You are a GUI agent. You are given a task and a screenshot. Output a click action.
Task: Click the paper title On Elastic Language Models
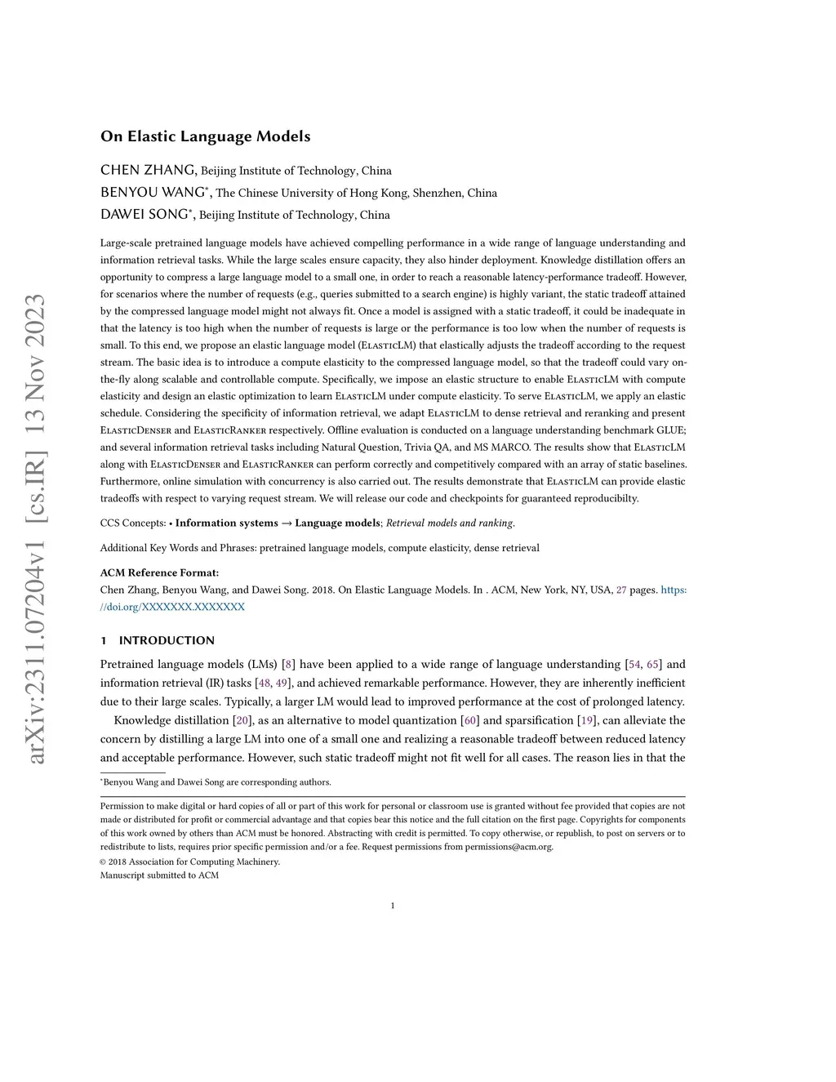coord(205,136)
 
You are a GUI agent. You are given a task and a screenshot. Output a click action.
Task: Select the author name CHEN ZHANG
coord(148,170)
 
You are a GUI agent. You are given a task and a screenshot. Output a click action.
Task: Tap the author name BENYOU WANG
coord(153,193)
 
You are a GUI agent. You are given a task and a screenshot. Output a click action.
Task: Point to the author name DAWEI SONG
coord(145,215)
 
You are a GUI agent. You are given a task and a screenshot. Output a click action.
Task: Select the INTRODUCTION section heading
coord(167,640)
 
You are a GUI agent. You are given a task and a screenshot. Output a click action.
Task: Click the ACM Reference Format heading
coord(159,572)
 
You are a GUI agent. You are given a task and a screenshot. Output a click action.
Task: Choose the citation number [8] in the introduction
coord(288,664)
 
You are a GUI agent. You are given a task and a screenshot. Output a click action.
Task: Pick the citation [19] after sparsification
coord(587,720)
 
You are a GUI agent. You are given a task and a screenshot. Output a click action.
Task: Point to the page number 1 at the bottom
coord(393,905)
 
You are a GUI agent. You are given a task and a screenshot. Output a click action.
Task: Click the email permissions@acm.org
coord(509,847)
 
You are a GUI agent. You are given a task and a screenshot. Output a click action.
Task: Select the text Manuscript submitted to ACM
coord(159,875)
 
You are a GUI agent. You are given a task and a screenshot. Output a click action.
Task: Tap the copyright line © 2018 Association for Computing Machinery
coord(189,862)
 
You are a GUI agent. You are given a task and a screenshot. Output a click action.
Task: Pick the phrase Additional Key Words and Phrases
coord(177,548)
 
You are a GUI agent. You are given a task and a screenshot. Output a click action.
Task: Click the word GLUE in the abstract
coord(670,430)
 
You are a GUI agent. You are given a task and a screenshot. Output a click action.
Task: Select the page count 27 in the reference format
coord(621,590)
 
